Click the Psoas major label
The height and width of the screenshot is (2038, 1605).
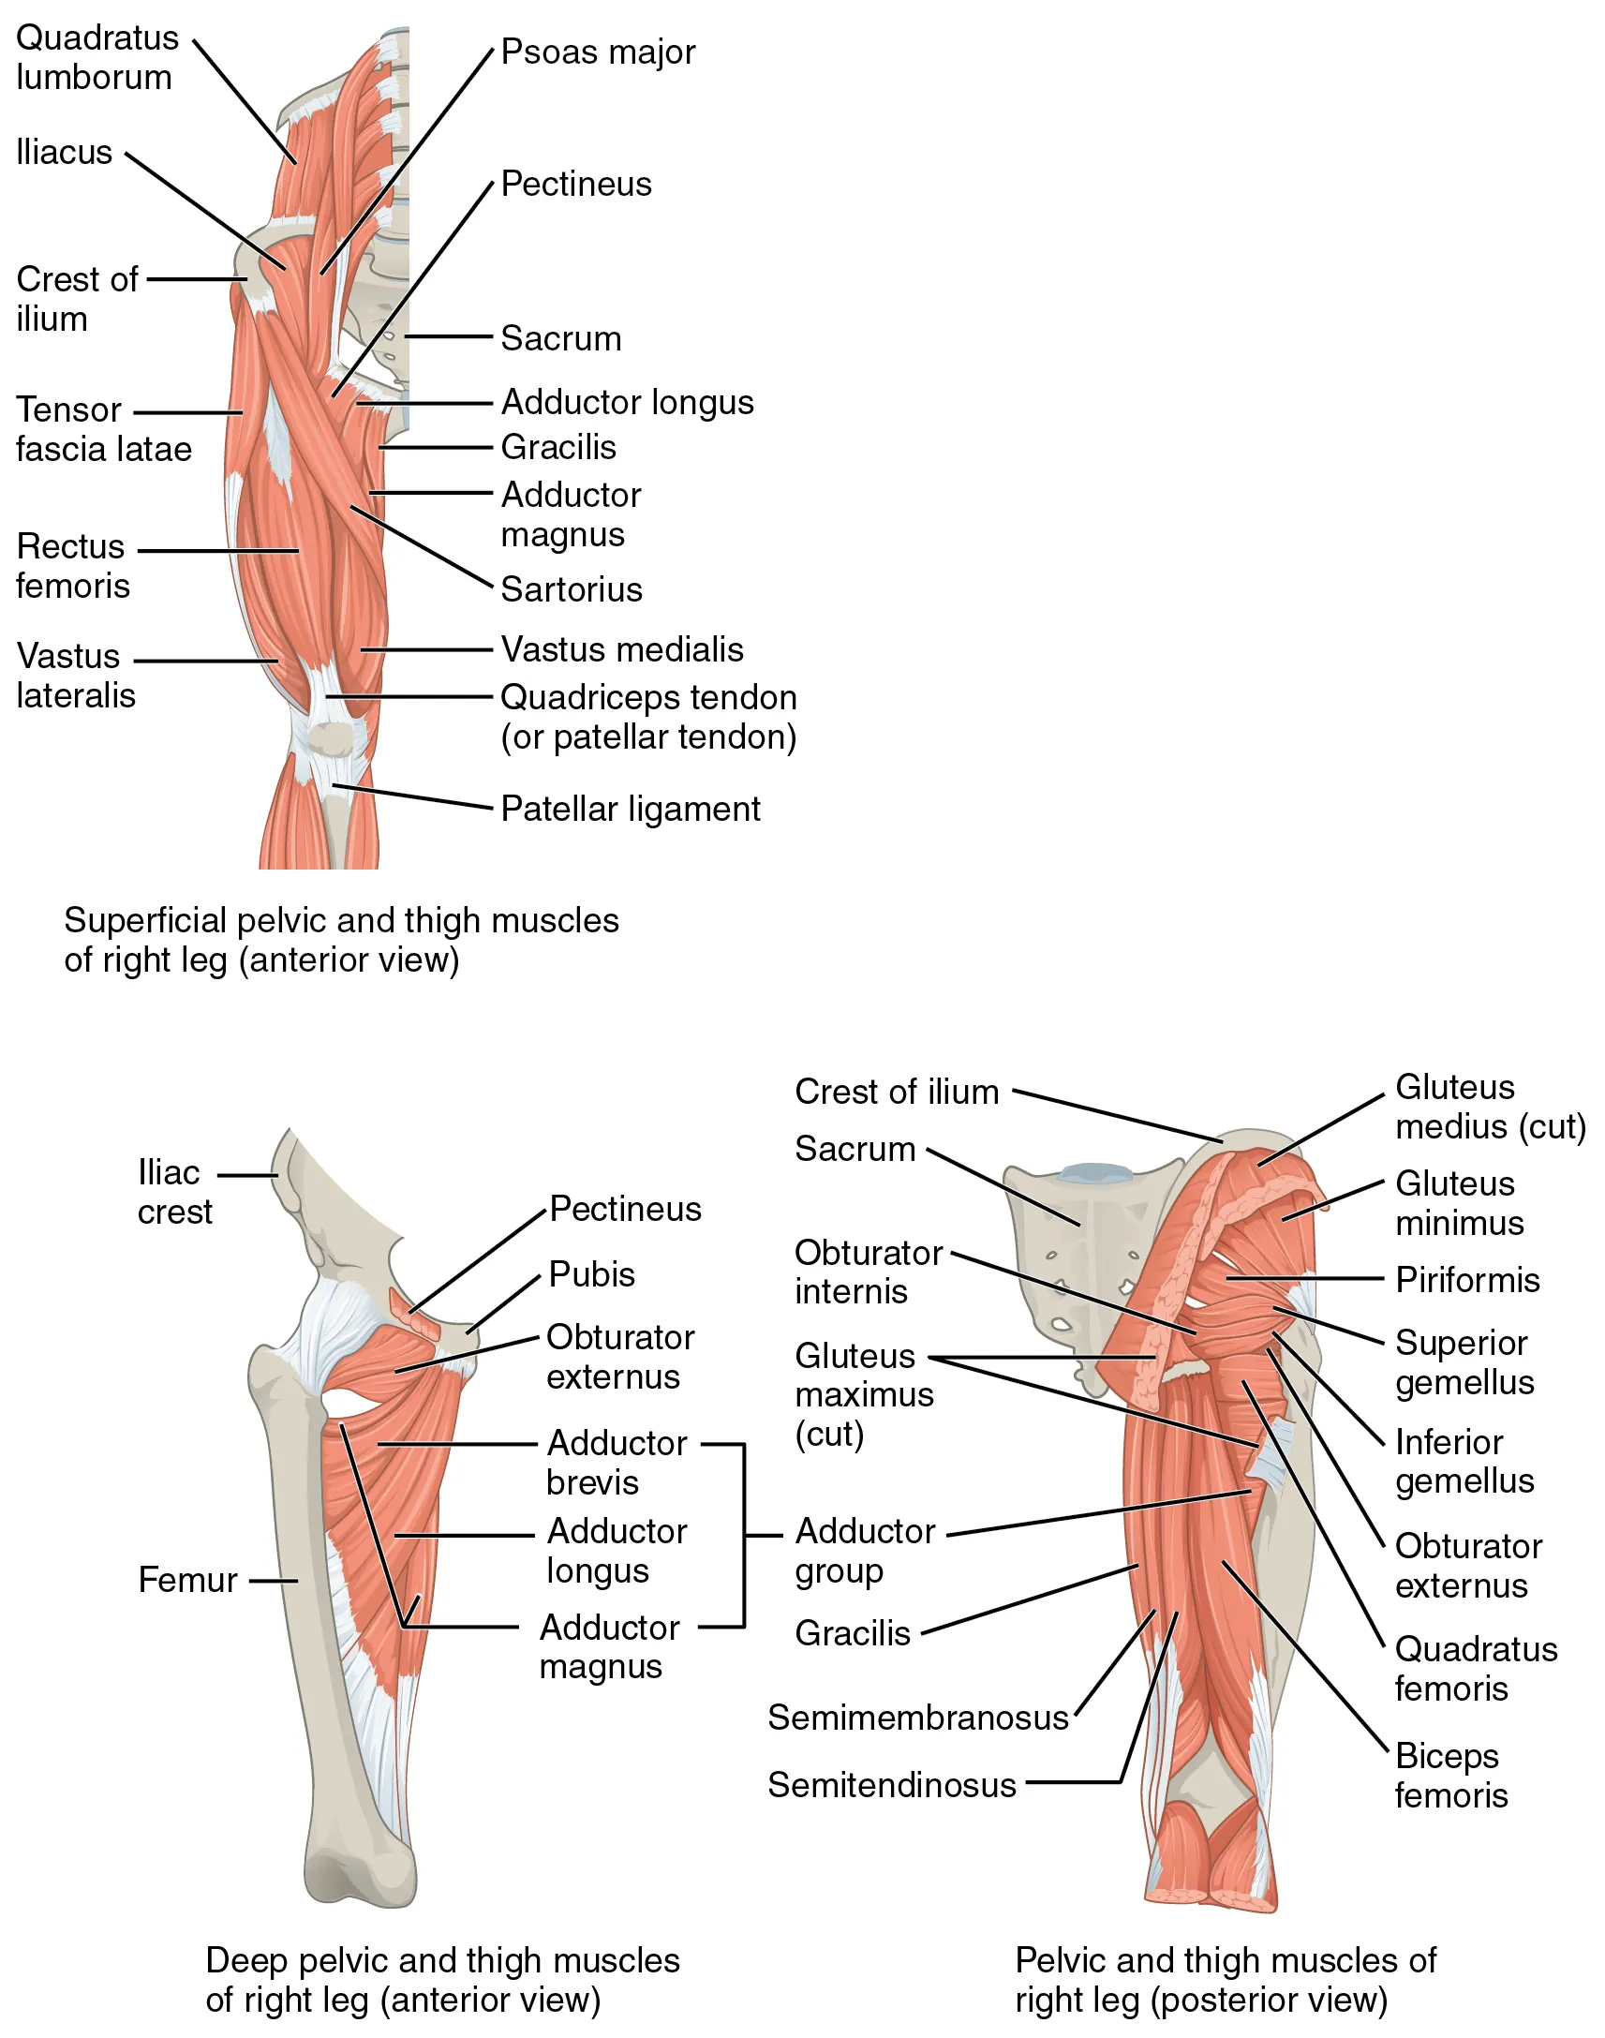click(598, 52)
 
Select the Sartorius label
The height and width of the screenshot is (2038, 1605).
click(572, 590)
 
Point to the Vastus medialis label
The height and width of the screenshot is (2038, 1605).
click(622, 650)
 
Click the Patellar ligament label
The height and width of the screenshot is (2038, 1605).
click(631, 810)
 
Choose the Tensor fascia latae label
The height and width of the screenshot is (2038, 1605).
click(103, 430)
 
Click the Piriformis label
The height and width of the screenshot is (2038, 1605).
click(1467, 1281)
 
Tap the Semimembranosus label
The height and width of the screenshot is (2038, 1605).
click(918, 1718)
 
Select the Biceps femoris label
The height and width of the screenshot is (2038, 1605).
click(1450, 1776)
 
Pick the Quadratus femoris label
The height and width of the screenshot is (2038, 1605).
click(1476, 1670)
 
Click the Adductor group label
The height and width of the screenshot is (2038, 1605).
click(865, 1552)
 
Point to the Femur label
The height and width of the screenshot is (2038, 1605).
click(187, 1581)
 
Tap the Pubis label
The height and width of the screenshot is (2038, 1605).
click(592, 1275)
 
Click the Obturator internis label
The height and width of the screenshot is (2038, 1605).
click(868, 1272)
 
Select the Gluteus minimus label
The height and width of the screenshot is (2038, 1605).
click(1459, 1204)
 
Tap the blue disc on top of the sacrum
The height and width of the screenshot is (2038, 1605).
click(1094, 1172)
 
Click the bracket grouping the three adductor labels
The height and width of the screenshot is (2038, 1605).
click(744, 1537)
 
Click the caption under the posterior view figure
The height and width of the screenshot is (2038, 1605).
click(1225, 1981)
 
